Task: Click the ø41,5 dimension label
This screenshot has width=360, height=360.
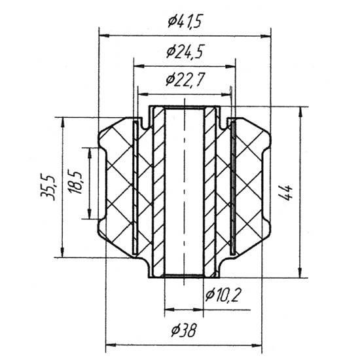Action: tap(185, 22)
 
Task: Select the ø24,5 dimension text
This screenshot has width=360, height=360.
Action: tap(185, 52)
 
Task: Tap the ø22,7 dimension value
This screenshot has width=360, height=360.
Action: tap(185, 80)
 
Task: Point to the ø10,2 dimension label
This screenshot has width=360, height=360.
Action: tap(223, 295)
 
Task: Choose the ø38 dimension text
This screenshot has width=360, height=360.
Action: tap(184, 331)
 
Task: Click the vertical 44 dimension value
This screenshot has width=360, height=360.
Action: tap(286, 192)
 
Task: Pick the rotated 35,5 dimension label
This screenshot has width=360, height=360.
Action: tap(48, 187)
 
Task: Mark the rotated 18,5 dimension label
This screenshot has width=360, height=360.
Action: tap(75, 181)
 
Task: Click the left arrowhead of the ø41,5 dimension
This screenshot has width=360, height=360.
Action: tap(104, 36)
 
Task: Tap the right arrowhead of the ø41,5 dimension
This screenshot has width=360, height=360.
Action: tap(266, 36)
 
